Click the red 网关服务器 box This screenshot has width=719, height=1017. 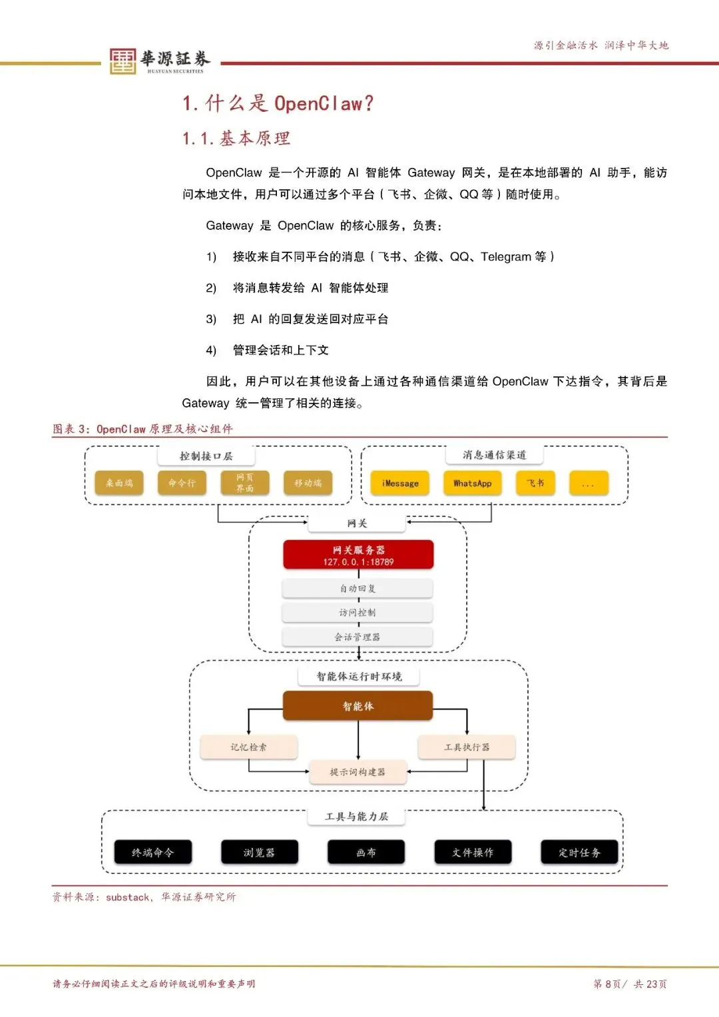point(358,555)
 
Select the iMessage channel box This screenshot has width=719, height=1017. point(400,484)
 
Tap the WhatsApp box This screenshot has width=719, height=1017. point(472,484)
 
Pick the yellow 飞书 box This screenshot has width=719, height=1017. point(535,484)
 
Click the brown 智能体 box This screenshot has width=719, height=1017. point(358,706)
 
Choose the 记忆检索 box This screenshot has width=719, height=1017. point(248,747)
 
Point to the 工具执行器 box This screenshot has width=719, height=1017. point(467,747)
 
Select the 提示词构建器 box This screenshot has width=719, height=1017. point(358,772)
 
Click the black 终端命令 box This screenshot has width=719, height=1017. point(152,852)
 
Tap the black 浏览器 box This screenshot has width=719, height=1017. point(259,852)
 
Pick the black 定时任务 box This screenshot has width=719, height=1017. point(579,852)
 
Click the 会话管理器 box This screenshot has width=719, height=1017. point(358,637)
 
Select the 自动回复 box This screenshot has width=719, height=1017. point(358,589)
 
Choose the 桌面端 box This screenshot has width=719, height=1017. point(119,484)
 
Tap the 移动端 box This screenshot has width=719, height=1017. point(308,484)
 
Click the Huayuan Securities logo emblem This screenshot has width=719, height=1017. point(122,61)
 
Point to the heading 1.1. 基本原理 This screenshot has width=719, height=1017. point(236,139)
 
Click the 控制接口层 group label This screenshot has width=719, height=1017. point(206,456)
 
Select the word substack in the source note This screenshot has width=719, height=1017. point(128,898)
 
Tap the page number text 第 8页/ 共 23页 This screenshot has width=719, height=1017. point(630,984)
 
